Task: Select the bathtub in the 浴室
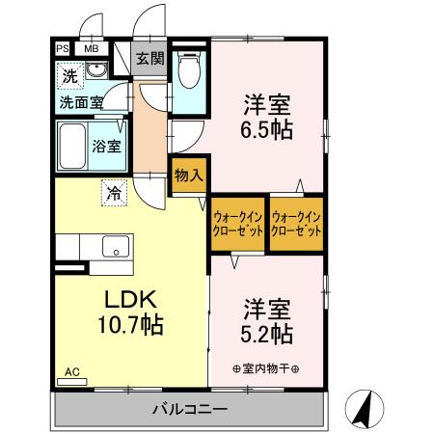click(x=73, y=146)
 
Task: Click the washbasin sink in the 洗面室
click(x=95, y=72)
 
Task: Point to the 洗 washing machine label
click(x=69, y=74)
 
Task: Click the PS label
click(x=62, y=48)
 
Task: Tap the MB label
click(x=92, y=48)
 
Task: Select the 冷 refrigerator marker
click(x=114, y=193)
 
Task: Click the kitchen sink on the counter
click(x=114, y=246)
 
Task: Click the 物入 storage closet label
click(x=188, y=175)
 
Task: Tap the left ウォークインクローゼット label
click(x=237, y=224)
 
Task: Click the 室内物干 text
click(x=265, y=369)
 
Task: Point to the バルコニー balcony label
click(x=189, y=410)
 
